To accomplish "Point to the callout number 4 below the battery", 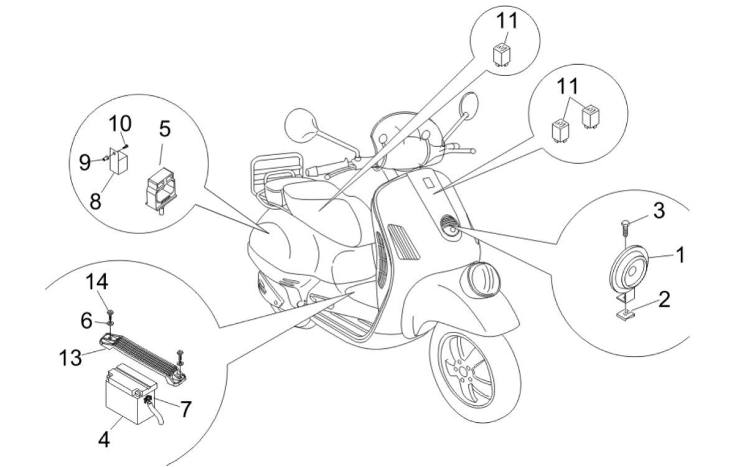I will point(105,439).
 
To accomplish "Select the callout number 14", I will point(98,282).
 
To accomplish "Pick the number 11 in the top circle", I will point(506,21).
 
